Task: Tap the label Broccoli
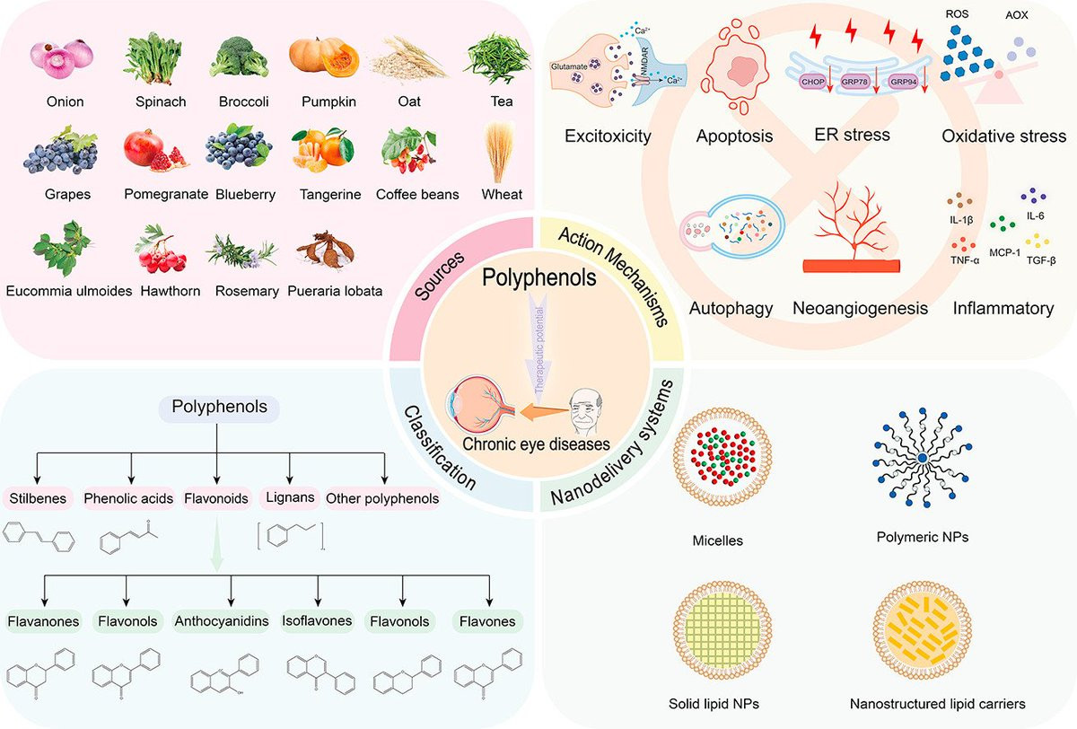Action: click(x=244, y=101)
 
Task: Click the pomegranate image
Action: click(x=154, y=150)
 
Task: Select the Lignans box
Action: click(x=290, y=497)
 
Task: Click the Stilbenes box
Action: click(x=38, y=498)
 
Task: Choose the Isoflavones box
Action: click(x=317, y=620)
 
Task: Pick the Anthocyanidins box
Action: click(x=222, y=620)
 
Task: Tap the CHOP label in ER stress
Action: click(x=813, y=82)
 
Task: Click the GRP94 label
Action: click(x=904, y=82)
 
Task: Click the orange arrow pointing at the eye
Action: click(x=544, y=411)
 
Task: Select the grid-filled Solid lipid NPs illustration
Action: click(x=722, y=631)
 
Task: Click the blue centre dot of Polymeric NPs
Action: click(x=923, y=458)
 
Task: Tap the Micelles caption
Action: click(x=718, y=540)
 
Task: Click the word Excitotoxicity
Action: click(x=608, y=136)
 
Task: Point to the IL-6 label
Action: click(x=1035, y=215)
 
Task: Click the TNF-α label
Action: click(x=965, y=260)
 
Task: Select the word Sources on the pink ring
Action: click(x=440, y=276)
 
